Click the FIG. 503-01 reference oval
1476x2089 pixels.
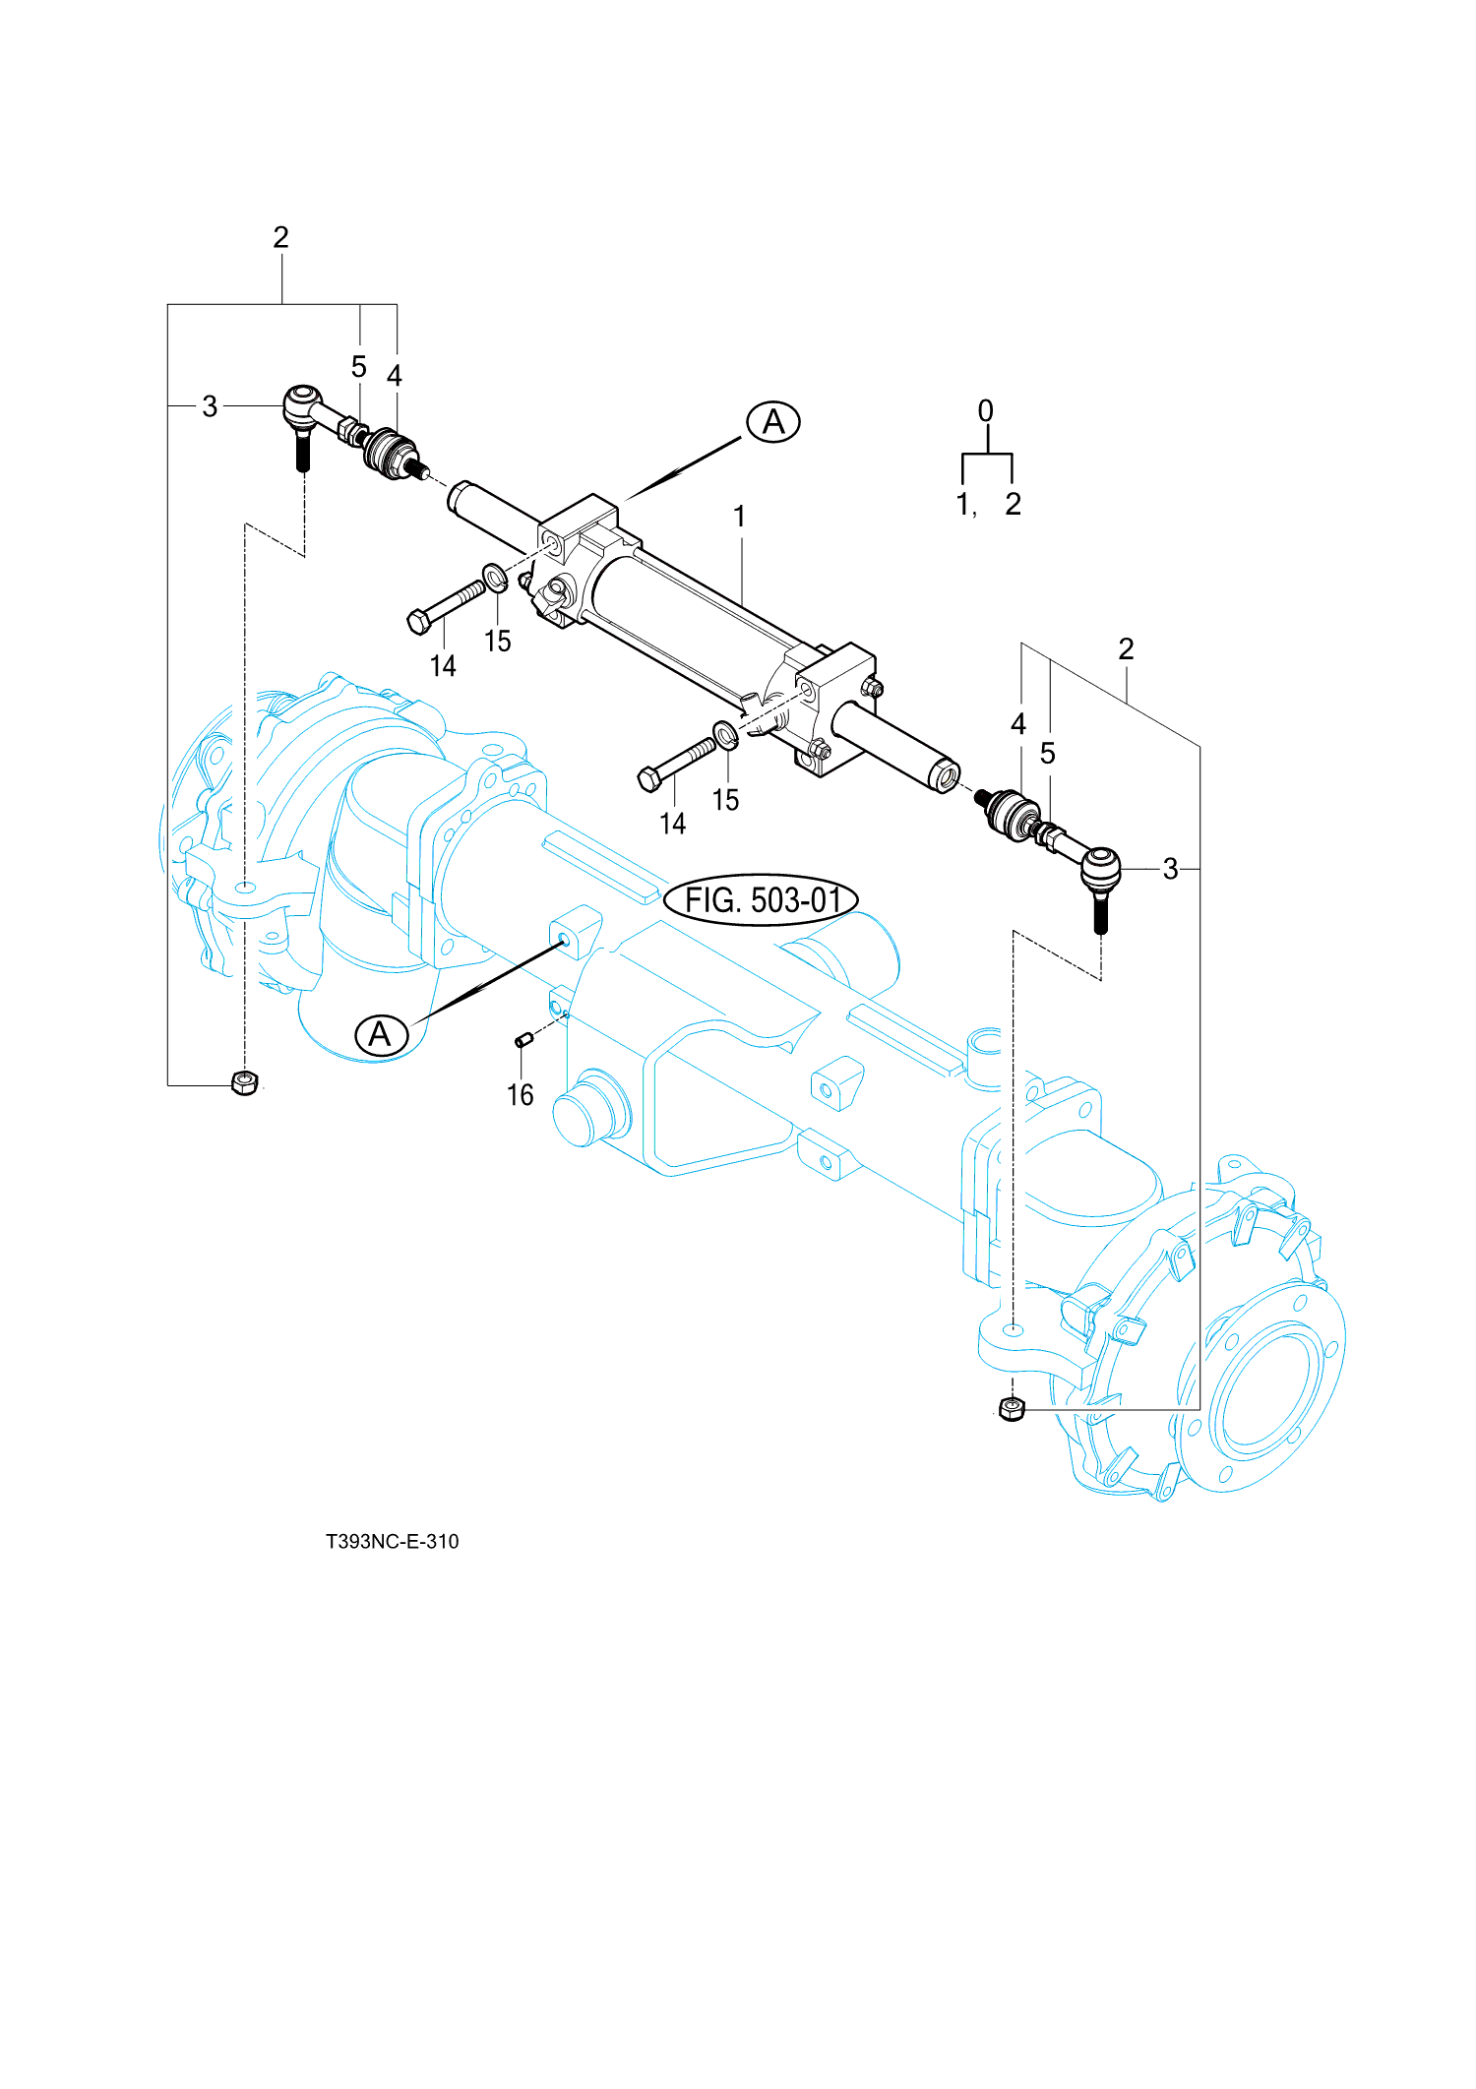tap(761, 899)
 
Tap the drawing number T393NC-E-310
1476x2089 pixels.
tap(392, 1542)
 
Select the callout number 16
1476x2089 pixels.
tap(520, 1095)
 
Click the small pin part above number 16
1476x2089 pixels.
tap(523, 1038)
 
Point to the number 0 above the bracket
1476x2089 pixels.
tap(985, 411)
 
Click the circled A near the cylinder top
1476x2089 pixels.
tap(773, 422)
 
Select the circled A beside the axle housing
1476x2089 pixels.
tap(381, 1034)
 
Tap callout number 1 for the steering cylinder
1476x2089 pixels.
tap(739, 517)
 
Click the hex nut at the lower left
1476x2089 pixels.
tap(243, 1082)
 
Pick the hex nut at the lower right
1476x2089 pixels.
tap(1011, 1408)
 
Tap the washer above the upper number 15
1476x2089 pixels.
tap(495, 577)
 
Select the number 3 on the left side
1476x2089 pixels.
tap(210, 406)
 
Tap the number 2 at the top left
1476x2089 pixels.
tap(281, 237)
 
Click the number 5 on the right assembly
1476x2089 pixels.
tap(1048, 754)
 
